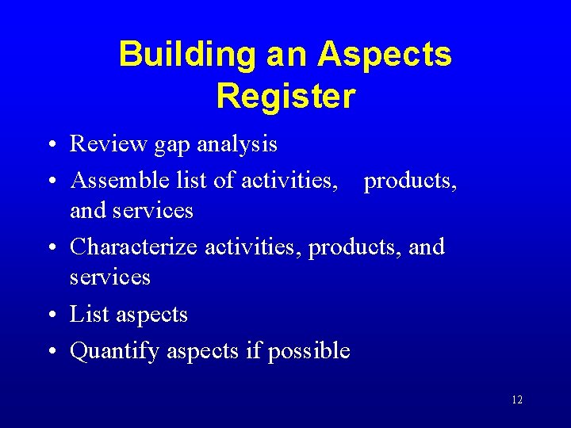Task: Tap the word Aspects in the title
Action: click(x=385, y=55)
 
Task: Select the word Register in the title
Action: click(x=285, y=96)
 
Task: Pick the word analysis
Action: click(x=237, y=144)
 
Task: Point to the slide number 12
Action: click(x=517, y=400)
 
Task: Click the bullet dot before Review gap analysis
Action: click(x=50, y=145)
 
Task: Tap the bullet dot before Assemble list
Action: click(x=50, y=182)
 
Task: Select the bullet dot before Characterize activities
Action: click(x=50, y=248)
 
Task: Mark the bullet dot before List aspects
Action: click(x=50, y=315)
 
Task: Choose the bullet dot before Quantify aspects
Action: click(x=50, y=352)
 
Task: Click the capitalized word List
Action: click(x=89, y=314)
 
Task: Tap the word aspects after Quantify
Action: click(x=203, y=351)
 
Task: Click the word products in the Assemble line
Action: click(x=409, y=181)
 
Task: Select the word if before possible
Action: click(x=254, y=350)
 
